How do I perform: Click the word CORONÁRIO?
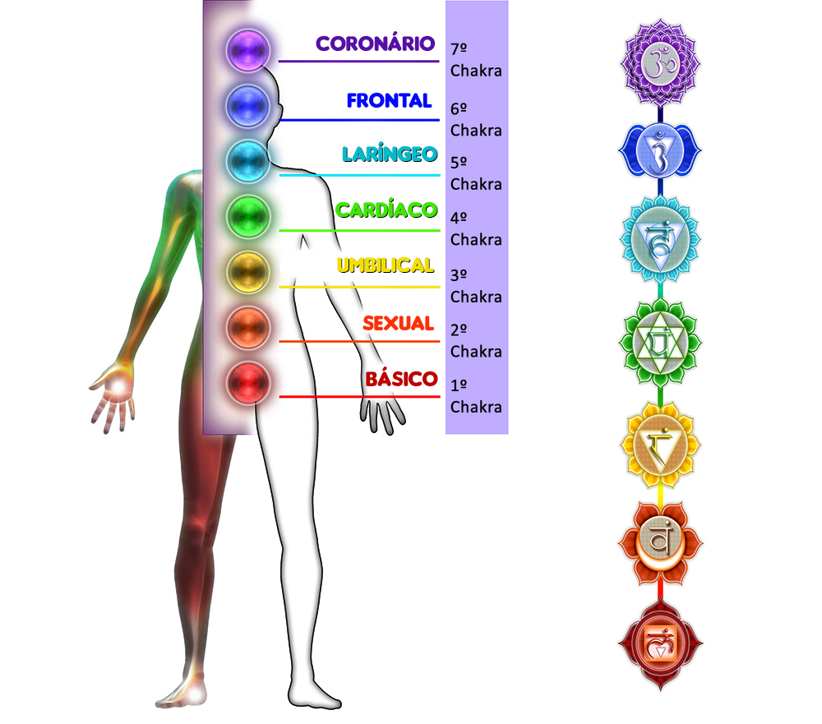point(376,44)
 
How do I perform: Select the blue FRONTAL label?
point(389,101)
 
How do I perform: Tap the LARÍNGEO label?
point(390,155)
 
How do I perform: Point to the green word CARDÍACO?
point(386,210)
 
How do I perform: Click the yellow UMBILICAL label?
point(385,265)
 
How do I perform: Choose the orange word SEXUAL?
point(398,323)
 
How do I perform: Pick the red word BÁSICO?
point(401,379)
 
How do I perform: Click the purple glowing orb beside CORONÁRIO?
point(248,49)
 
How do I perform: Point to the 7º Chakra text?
point(476,59)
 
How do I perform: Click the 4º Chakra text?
point(476,228)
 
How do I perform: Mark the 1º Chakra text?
point(476,396)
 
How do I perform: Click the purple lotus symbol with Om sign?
point(659,64)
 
